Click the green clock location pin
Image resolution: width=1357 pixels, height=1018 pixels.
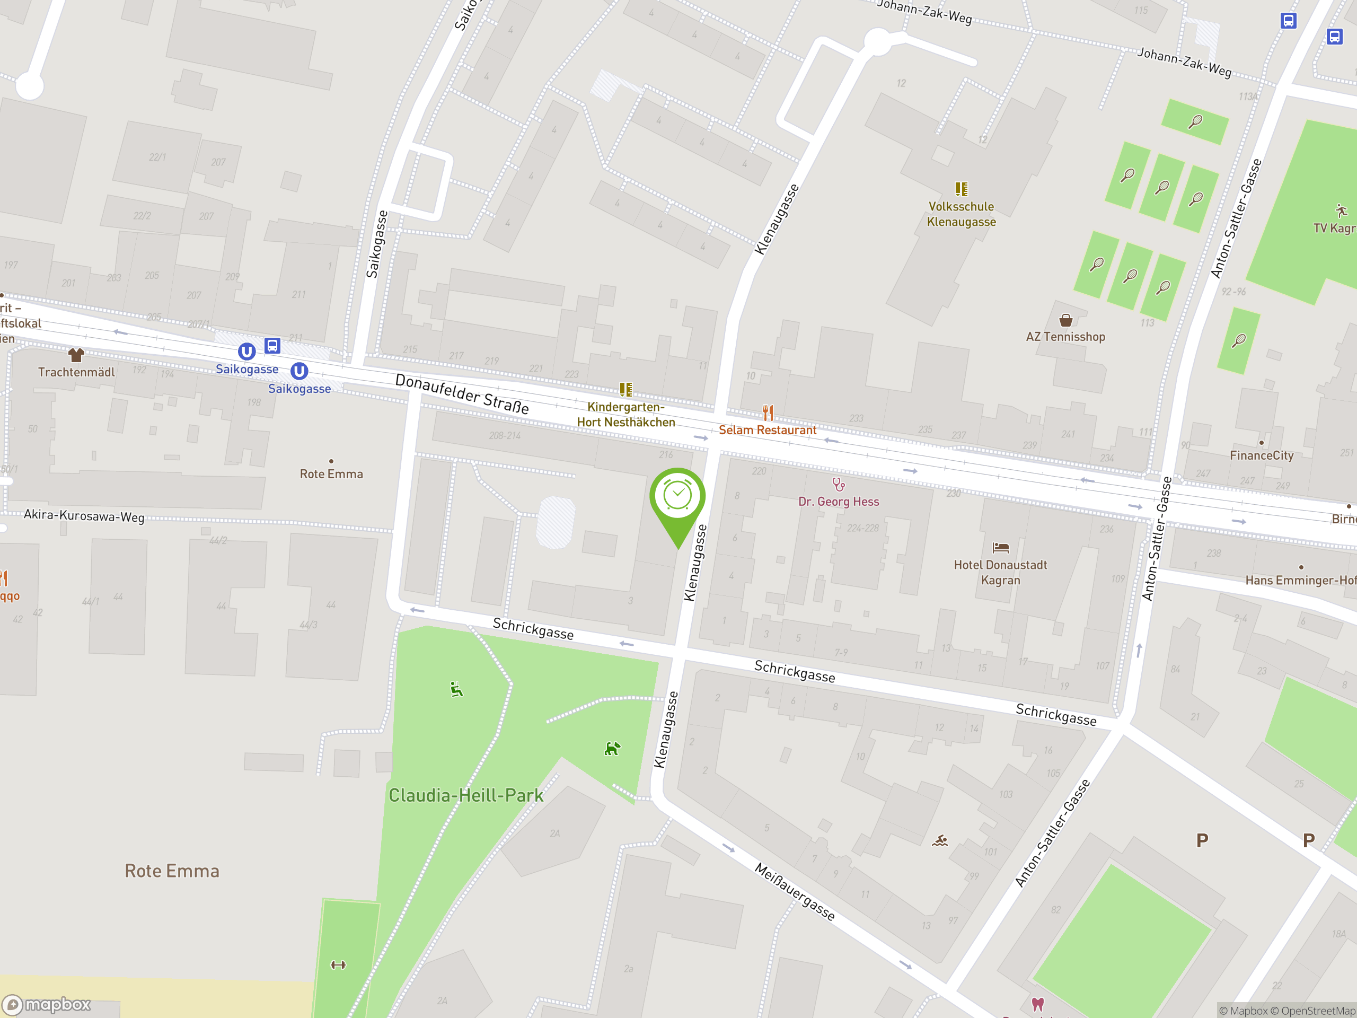coord(677,496)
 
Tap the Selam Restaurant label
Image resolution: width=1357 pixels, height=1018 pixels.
coord(767,430)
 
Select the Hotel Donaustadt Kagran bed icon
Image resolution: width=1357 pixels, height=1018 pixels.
coord(1001,547)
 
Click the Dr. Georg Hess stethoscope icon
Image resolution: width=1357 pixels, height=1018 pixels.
coord(839,485)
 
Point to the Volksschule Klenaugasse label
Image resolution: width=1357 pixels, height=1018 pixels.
coord(962,214)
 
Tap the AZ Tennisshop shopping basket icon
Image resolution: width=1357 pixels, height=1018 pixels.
coord(1065,320)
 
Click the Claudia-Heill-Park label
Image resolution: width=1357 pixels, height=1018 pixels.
coord(465,796)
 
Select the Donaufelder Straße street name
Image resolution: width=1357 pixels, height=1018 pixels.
coord(462,394)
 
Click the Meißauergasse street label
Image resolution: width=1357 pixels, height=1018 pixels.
coord(795,892)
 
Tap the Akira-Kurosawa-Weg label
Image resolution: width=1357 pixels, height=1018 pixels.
coord(84,516)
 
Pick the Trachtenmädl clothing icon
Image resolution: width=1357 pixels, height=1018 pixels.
coord(76,355)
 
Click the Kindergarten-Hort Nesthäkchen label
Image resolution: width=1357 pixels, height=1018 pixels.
coord(625,415)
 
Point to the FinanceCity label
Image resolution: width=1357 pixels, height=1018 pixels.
coord(1261,455)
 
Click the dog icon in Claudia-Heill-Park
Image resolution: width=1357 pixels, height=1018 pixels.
coord(612,749)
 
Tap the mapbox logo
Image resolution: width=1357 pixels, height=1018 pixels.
coord(47,1005)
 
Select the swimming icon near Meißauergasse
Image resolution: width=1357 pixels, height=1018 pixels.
coord(940,841)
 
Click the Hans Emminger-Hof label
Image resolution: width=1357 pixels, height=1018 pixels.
coord(1300,581)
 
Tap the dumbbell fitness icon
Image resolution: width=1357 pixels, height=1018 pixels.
coord(338,965)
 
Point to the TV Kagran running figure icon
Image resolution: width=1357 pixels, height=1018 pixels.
coord(1341,211)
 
